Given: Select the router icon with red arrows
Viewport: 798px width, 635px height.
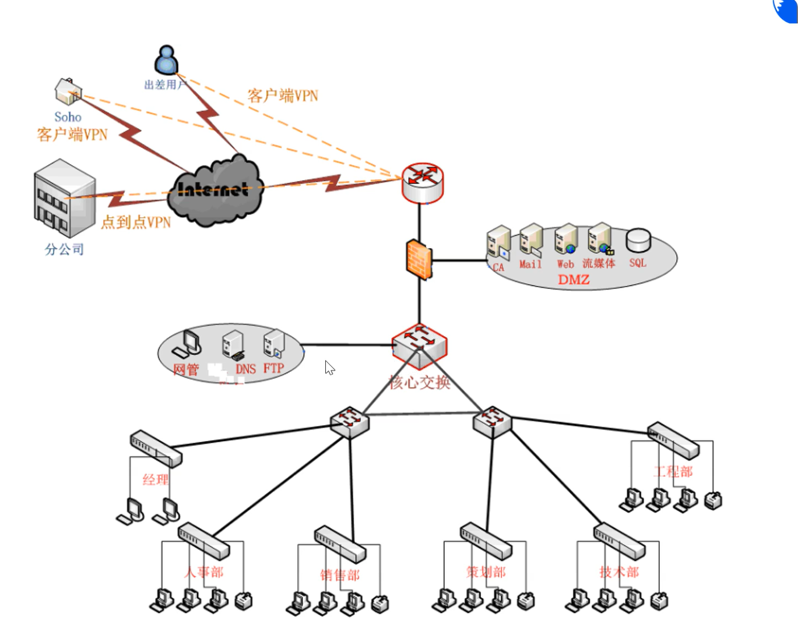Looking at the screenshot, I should [x=423, y=182].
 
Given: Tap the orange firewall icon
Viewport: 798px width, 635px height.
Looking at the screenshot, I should [x=419, y=259].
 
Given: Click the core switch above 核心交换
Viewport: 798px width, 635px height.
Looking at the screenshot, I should [x=420, y=346].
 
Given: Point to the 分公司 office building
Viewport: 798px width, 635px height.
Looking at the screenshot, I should [x=64, y=198].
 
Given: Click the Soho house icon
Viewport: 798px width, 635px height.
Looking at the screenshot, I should [x=68, y=91].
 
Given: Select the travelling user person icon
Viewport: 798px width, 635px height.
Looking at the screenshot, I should [x=166, y=60].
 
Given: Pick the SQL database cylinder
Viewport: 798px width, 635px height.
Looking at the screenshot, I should [x=638, y=241].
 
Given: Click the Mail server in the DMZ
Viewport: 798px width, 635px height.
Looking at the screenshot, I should [x=531, y=239].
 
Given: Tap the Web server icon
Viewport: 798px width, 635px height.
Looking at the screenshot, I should [x=565, y=239].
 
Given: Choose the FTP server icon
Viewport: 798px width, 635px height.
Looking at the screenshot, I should [x=273, y=344].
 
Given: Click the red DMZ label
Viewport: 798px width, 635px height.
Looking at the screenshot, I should [x=574, y=280].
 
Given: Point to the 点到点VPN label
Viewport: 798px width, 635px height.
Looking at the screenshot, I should [x=136, y=223].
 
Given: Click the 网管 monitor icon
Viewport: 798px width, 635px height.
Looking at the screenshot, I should [x=188, y=344].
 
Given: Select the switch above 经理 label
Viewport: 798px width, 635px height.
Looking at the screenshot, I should [x=156, y=449].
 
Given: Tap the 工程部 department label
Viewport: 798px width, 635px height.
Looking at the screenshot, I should [x=673, y=471].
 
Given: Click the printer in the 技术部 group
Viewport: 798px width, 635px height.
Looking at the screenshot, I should [x=659, y=601].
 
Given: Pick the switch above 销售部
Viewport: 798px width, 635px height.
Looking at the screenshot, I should [x=340, y=544].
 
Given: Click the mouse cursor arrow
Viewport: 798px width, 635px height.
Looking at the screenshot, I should [x=329, y=368].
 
